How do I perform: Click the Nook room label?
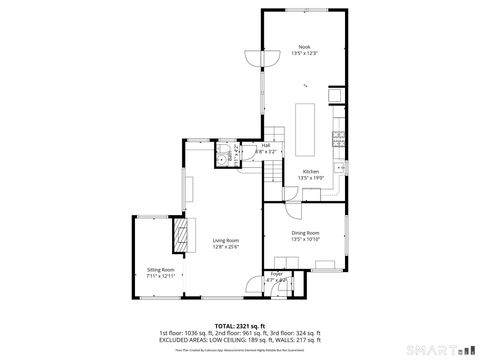[x=304, y=47]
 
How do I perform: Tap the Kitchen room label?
[x=311, y=172]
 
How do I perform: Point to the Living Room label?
[x=226, y=241]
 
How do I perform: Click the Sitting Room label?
[x=161, y=270]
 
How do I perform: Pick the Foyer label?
[x=276, y=274]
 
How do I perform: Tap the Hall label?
[x=266, y=146]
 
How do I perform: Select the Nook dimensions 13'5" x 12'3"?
[x=304, y=54]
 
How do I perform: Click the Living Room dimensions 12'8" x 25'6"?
[x=226, y=247]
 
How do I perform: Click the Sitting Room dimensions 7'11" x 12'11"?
[x=161, y=276]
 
